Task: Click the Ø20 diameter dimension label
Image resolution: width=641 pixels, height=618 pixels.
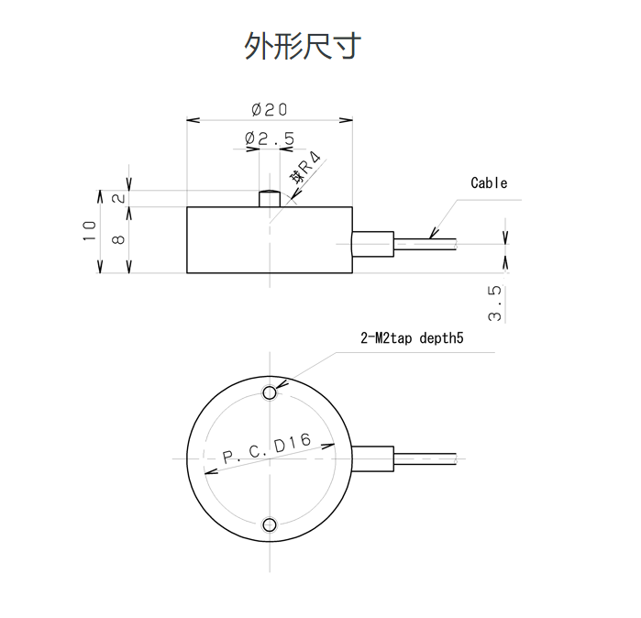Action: coord(269,109)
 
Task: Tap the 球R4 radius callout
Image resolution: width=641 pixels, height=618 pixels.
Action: coord(304,173)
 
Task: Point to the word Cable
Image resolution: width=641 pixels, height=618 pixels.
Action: coord(489,182)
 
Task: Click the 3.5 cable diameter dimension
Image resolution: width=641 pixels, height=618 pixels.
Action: coord(496,303)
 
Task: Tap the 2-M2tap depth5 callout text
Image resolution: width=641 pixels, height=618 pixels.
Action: coord(413,338)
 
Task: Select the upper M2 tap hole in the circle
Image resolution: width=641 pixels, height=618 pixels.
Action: coord(270,393)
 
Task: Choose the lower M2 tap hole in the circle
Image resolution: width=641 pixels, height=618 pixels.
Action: coord(270,524)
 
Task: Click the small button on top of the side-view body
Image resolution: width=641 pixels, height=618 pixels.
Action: coord(270,198)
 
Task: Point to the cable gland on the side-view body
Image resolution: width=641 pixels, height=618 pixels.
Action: coord(373,243)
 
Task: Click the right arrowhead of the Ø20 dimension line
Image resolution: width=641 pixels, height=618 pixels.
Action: coord(348,119)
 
